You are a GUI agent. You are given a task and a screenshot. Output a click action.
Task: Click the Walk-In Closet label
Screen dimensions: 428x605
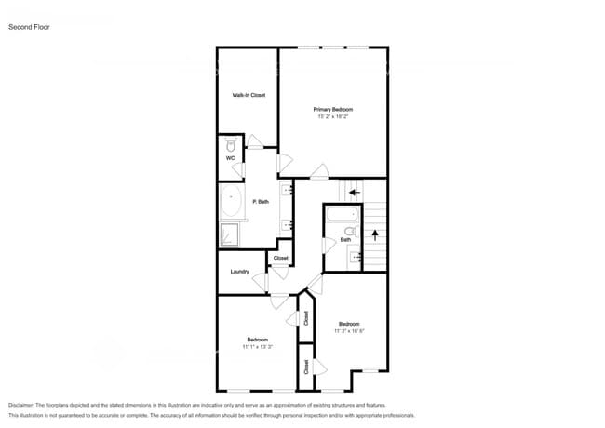249,95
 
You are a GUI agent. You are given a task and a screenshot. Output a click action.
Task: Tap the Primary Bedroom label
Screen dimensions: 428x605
332,110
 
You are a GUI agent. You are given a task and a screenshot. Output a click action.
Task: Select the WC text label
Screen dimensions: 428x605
230,158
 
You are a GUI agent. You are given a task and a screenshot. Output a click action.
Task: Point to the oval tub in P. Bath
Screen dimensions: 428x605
232,202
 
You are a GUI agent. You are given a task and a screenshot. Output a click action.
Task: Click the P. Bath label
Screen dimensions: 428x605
261,201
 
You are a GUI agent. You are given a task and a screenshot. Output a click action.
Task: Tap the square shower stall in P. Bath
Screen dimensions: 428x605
230,234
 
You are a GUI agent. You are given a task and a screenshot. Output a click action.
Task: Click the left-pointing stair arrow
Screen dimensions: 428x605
353,194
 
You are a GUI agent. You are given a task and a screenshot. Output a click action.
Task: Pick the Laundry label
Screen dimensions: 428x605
239,272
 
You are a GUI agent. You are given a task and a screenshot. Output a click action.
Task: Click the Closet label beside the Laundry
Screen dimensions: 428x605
280,258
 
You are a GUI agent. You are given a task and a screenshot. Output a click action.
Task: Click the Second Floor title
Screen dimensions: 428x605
29,27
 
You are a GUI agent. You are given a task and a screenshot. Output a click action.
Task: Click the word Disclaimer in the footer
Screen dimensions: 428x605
25,406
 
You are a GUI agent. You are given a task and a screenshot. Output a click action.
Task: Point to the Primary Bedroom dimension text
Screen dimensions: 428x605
332,117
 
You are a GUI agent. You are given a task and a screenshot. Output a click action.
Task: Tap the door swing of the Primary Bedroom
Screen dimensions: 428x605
319,170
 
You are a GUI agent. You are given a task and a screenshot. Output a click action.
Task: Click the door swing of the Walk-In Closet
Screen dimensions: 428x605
254,141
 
